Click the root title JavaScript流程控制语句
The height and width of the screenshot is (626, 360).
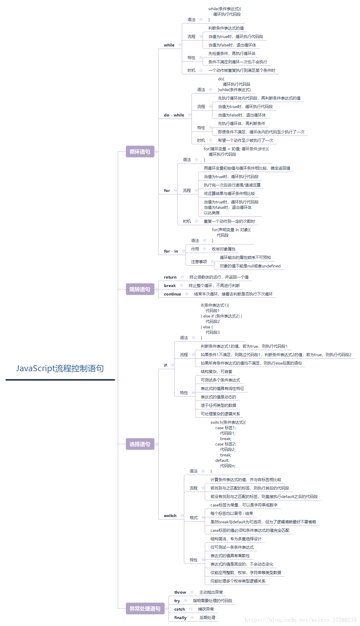[x=60, y=369]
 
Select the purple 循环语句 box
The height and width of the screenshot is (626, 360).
[x=140, y=152]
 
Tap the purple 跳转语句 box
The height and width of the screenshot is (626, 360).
[x=140, y=289]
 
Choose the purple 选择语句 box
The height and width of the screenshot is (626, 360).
[x=140, y=444]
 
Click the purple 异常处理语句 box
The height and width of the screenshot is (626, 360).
[x=145, y=608]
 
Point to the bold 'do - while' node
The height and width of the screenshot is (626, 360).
[x=174, y=115]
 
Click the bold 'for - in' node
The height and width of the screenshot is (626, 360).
[x=171, y=251]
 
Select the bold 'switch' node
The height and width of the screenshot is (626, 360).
[x=170, y=516]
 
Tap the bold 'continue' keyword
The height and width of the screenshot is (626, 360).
[x=172, y=294]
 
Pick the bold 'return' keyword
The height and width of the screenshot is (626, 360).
[x=170, y=277]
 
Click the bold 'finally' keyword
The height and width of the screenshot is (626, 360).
[x=180, y=618]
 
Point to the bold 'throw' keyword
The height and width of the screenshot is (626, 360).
[x=180, y=592]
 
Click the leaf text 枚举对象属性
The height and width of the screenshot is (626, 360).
[x=224, y=249]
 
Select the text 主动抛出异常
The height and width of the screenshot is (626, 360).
[x=211, y=592]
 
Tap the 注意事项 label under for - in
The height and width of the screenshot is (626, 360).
[x=199, y=262]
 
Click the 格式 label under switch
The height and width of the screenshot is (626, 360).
[x=194, y=518]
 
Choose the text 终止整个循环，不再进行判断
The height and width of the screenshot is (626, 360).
[x=214, y=286]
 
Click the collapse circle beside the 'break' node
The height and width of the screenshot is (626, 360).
[x=182, y=286]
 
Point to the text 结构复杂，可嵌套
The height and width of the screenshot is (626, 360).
[x=217, y=372]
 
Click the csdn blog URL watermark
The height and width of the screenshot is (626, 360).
[x=301, y=620]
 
